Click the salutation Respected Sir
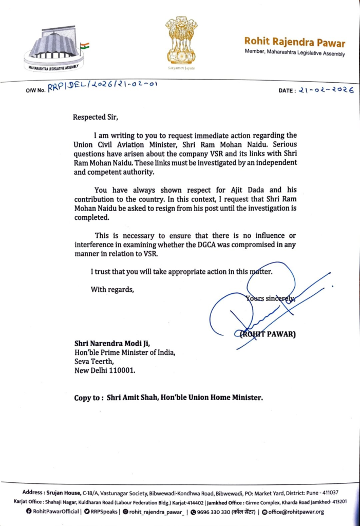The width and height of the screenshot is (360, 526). click(x=96, y=117)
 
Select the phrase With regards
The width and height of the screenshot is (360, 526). click(x=112, y=289)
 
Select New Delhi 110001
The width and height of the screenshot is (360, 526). click(x=105, y=371)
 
